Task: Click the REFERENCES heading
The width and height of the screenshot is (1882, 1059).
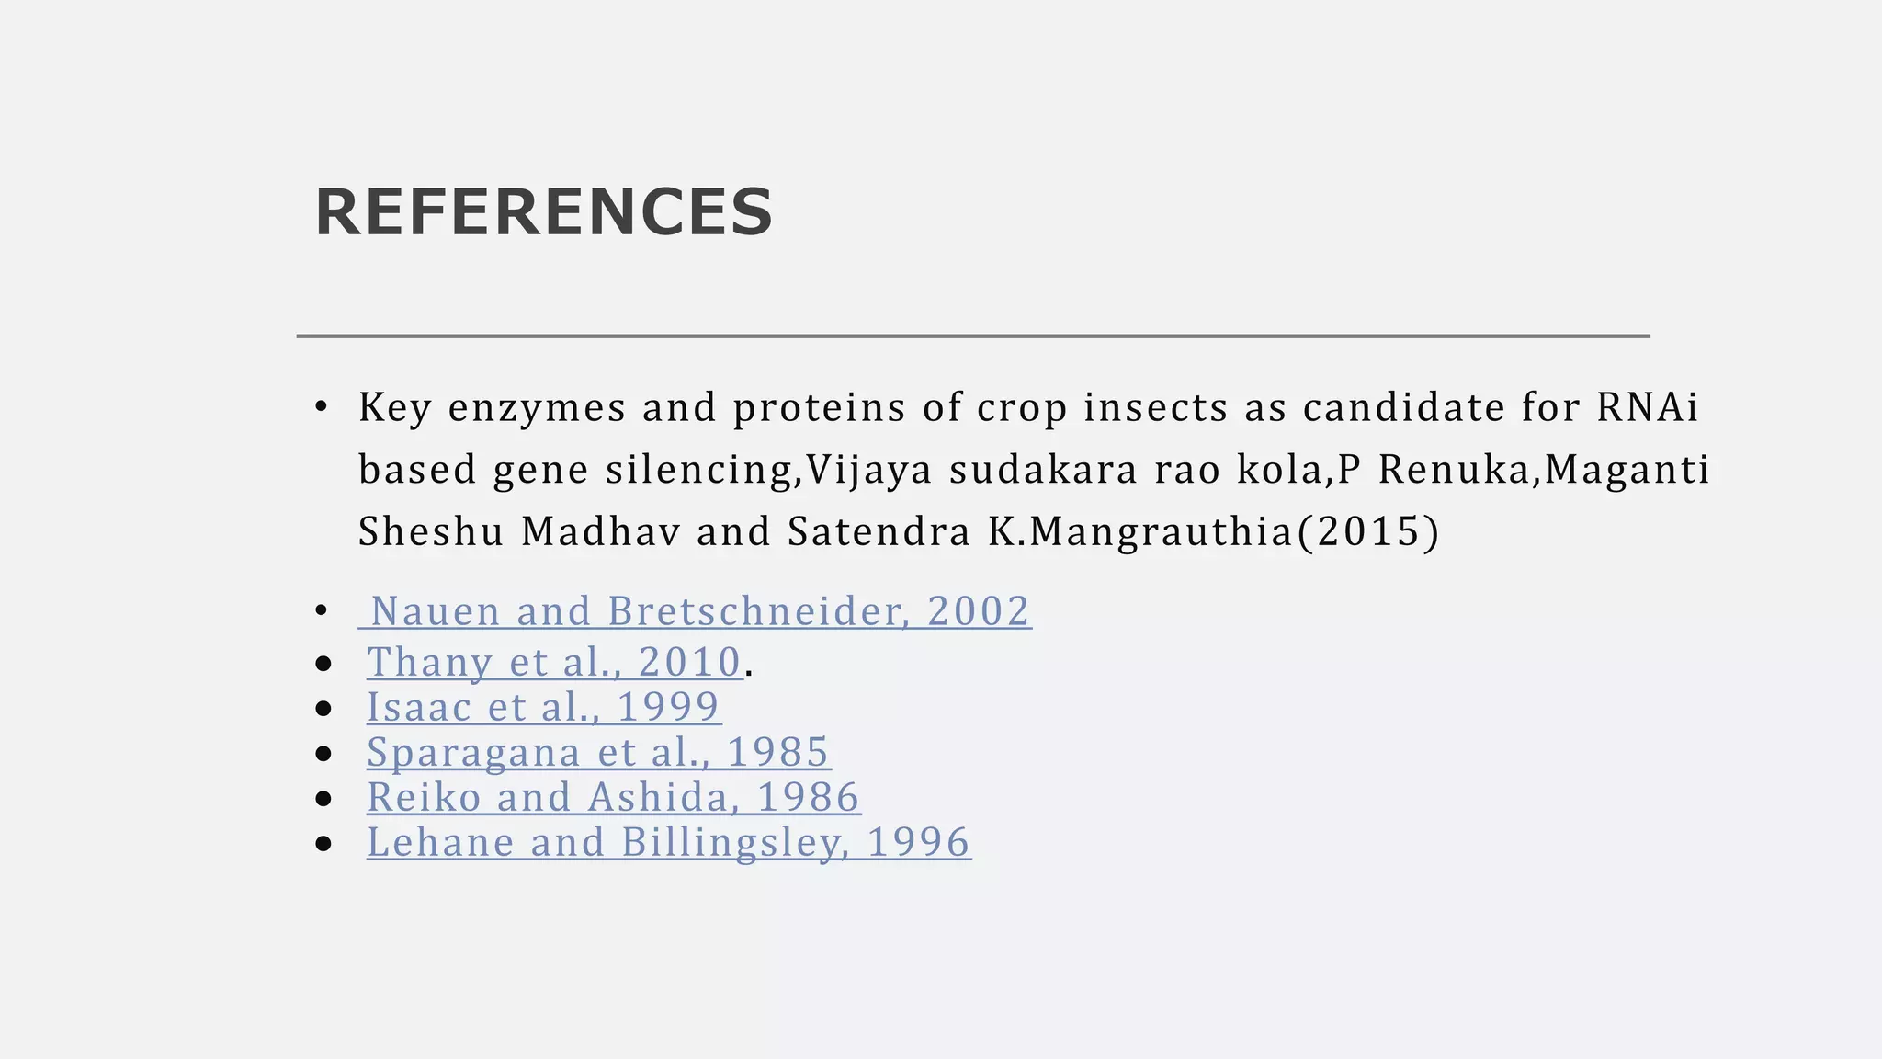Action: tap(544, 212)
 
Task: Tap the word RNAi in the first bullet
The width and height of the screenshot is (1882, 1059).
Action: tap(1648, 407)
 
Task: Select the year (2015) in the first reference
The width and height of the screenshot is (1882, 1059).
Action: tap(1368, 531)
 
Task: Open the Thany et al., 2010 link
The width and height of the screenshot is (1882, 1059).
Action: tap(554, 662)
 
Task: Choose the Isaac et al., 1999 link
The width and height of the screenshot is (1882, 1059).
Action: tap(543, 707)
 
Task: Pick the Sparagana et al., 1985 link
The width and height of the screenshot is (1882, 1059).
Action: tap(598, 752)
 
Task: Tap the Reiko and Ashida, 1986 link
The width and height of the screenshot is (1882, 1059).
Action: tap(613, 797)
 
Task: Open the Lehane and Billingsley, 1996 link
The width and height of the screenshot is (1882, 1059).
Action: tap(668, 842)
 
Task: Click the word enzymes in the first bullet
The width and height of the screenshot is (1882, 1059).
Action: tap(537, 407)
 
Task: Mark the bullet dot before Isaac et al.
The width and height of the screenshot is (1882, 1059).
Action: tap(323, 709)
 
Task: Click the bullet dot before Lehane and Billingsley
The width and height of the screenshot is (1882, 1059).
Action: tap(323, 844)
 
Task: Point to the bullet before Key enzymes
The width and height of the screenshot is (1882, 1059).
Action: tap(321, 407)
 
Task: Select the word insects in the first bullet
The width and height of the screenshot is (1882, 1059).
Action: tap(1155, 407)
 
